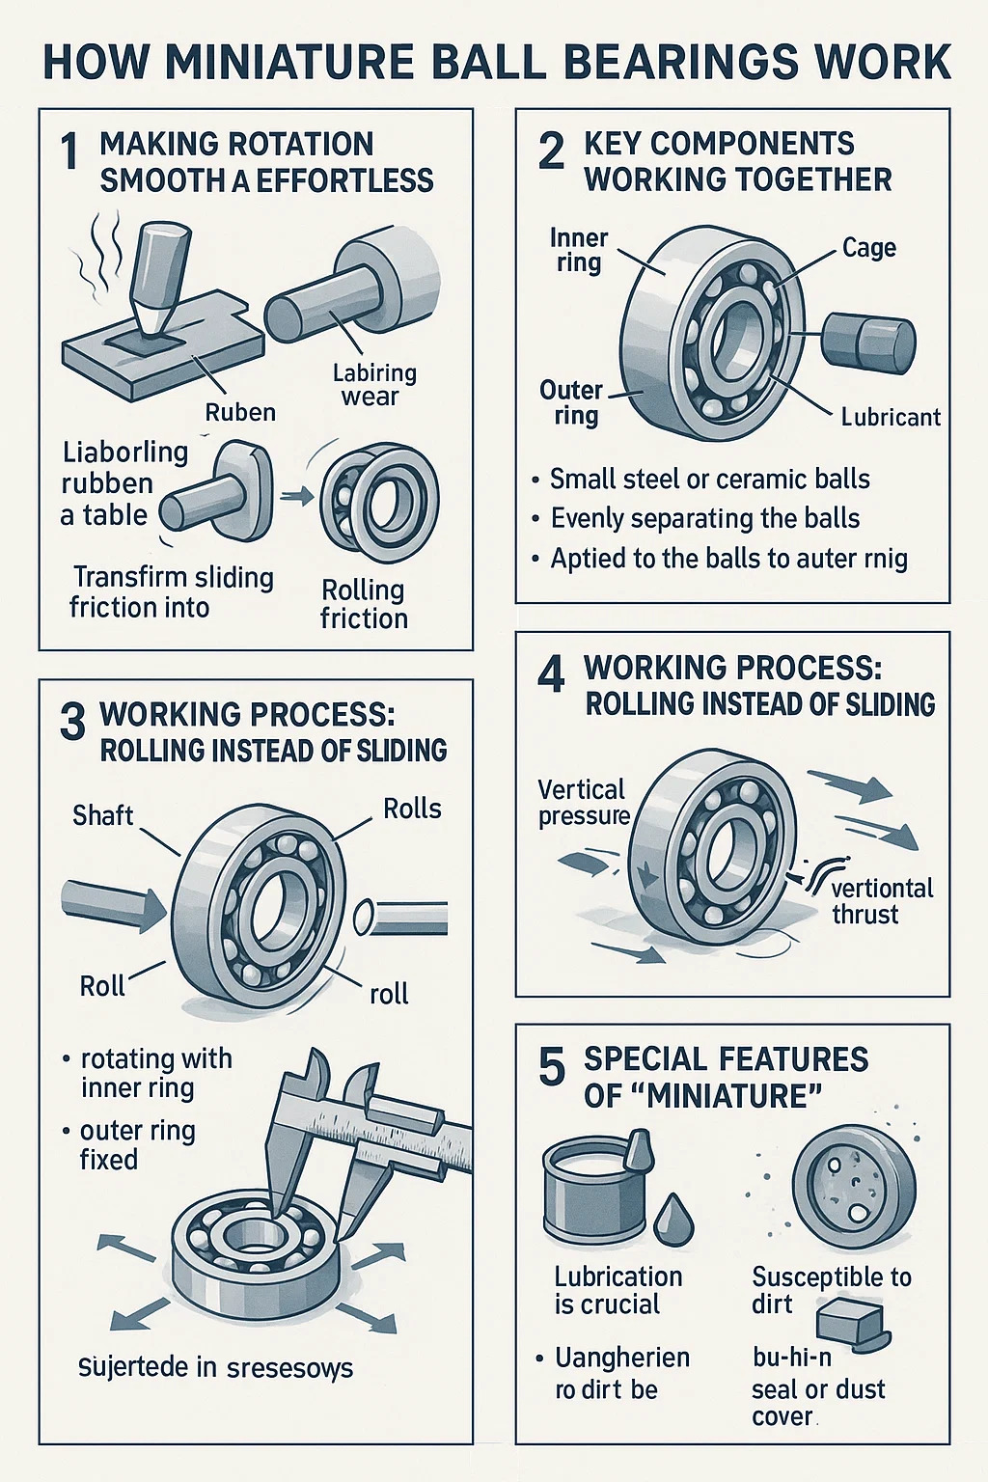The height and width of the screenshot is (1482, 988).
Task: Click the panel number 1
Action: click(69, 152)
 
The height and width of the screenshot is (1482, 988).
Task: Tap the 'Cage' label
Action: click(868, 248)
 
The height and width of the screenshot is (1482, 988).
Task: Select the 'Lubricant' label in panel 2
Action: click(890, 417)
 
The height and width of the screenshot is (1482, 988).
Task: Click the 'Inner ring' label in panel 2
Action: click(578, 250)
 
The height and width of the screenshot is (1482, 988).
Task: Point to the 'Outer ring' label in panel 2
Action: click(571, 402)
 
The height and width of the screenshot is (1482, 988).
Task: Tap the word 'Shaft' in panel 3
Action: click(102, 815)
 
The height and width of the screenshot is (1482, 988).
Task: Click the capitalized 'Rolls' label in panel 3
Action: click(412, 809)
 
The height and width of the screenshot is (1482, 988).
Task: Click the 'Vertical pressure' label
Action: click(582, 802)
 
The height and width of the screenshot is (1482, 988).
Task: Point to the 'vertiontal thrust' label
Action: click(880, 900)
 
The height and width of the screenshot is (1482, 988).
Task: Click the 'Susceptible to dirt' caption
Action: click(830, 1290)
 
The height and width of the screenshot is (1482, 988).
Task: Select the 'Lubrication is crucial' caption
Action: click(617, 1290)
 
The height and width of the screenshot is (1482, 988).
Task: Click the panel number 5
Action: click(551, 1066)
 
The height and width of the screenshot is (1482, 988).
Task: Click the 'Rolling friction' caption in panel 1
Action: click(364, 604)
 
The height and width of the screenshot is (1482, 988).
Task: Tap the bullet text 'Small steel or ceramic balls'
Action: click(709, 479)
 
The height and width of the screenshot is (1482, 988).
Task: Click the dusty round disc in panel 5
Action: click(854, 1187)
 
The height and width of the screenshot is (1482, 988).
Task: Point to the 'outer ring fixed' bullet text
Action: click(137, 1143)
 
